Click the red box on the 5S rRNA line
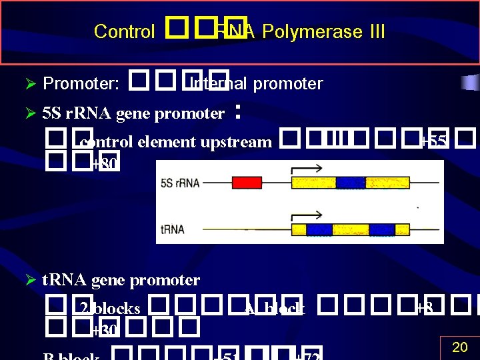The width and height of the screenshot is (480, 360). click(x=246, y=183)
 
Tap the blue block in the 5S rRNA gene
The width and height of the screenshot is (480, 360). click(x=350, y=183)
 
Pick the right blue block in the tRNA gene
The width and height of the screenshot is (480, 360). click(x=381, y=229)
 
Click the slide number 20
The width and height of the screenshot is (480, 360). click(x=460, y=347)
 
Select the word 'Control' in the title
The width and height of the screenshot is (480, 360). click(x=125, y=31)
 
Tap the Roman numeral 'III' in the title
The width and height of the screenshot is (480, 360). click(x=371, y=31)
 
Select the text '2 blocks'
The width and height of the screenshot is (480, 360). click(x=110, y=309)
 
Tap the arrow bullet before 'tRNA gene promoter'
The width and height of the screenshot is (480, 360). click(x=29, y=280)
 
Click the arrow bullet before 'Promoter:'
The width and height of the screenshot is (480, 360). click(x=29, y=84)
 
